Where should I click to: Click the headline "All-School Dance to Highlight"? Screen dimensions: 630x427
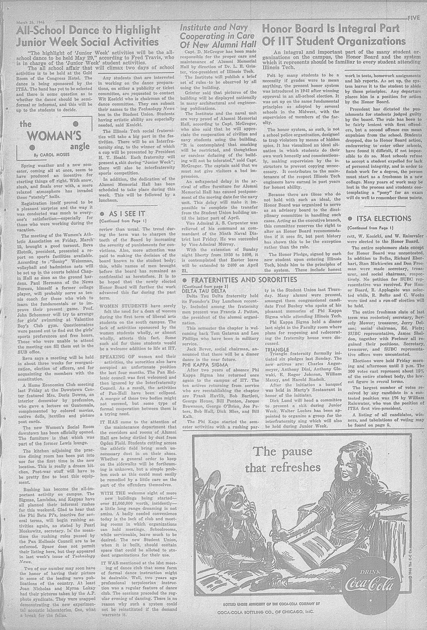tap(88, 30)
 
